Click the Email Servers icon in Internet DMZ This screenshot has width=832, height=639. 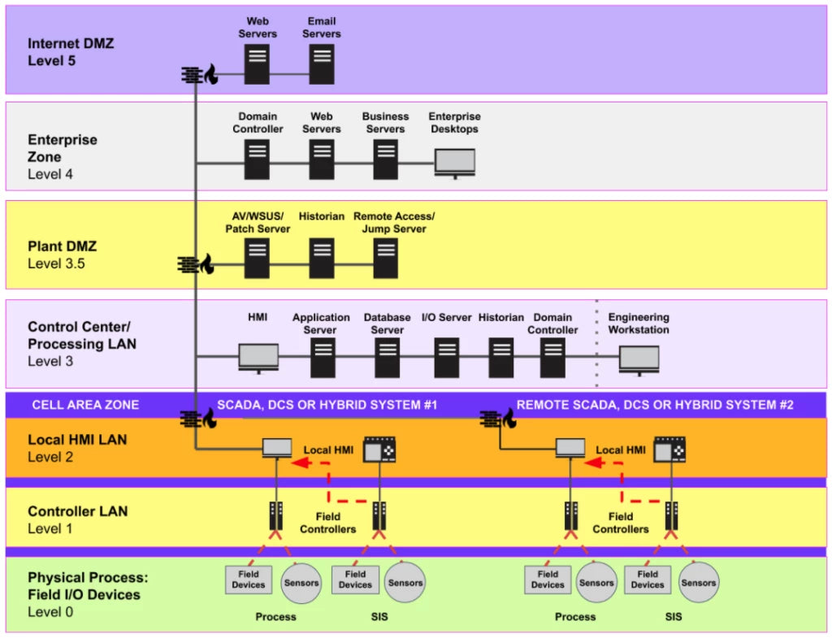click(x=322, y=64)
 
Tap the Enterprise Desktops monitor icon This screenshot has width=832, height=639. click(x=454, y=162)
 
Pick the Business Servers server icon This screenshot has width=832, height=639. click(x=385, y=159)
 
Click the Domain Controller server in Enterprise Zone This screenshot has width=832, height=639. click(x=258, y=159)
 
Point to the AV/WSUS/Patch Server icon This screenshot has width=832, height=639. click(x=258, y=258)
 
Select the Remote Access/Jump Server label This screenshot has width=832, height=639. click(x=394, y=222)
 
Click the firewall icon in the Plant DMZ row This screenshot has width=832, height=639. click(x=196, y=264)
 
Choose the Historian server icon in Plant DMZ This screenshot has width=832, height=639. click(x=322, y=258)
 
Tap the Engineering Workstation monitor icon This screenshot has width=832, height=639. click(x=639, y=359)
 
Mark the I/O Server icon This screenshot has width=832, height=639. click(x=446, y=357)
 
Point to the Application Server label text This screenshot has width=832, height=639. click(x=321, y=324)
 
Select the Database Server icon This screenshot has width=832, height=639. click(x=387, y=357)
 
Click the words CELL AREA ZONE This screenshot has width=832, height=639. click(x=85, y=405)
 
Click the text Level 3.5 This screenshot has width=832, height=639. click(x=57, y=263)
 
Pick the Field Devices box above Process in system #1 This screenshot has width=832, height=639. click(x=249, y=579)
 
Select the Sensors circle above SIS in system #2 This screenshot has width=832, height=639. click(x=699, y=582)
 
